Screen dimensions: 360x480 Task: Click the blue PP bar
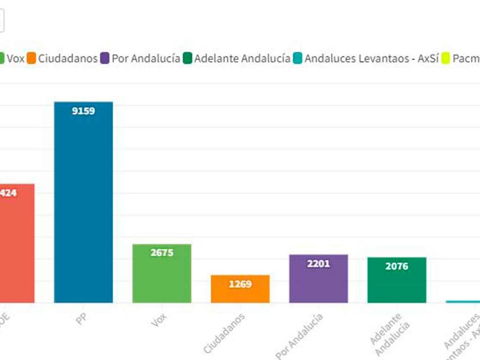pyautogui.click(x=83, y=204)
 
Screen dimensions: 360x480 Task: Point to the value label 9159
pyautogui.click(x=83, y=110)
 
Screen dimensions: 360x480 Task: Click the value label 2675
pyautogui.click(x=161, y=253)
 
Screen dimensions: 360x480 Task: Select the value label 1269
pyautogui.click(x=240, y=283)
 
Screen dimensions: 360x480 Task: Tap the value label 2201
pyautogui.click(x=318, y=263)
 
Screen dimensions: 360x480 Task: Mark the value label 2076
pyautogui.click(x=397, y=266)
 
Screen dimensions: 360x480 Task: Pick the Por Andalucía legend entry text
pyautogui.click(x=146, y=59)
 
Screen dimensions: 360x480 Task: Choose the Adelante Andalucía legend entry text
pyautogui.click(x=242, y=59)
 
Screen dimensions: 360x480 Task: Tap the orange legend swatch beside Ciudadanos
pyautogui.click(x=32, y=59)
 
